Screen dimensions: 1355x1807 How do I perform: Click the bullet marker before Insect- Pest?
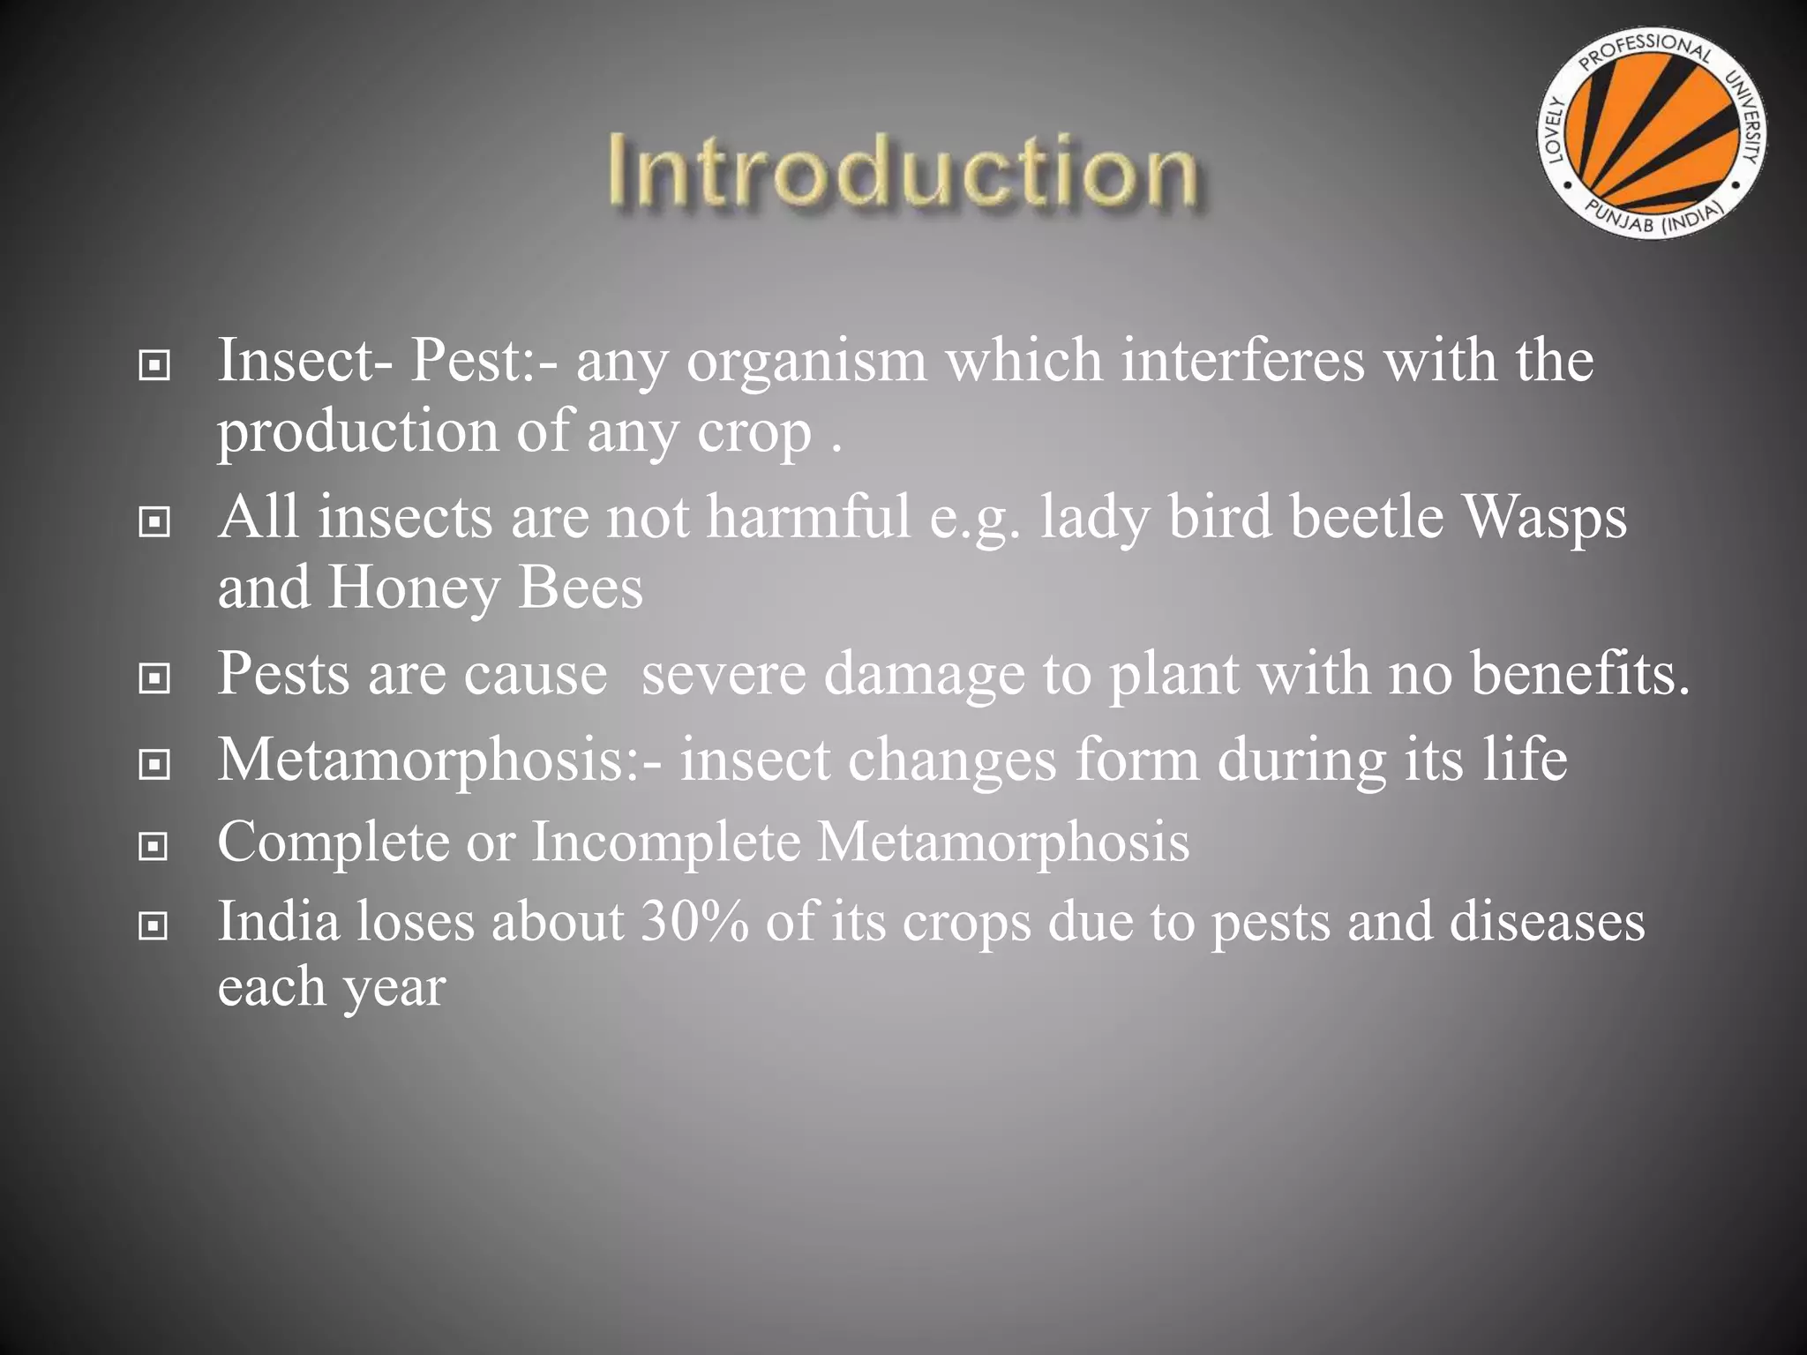(x=154, y=364)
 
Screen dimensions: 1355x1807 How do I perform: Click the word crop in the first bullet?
(x=754, y=433)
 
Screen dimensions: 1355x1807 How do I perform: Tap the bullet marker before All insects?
(x=154, y=522)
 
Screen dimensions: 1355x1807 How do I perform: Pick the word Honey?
(x=413, y=588)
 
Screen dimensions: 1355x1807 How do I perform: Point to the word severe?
(x=724, y=674)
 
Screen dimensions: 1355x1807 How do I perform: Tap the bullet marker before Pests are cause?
(x=154, y=678)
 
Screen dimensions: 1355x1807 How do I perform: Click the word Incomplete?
(x=665, y=842)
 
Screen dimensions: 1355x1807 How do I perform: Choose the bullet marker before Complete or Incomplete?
(x=154, y=847)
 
